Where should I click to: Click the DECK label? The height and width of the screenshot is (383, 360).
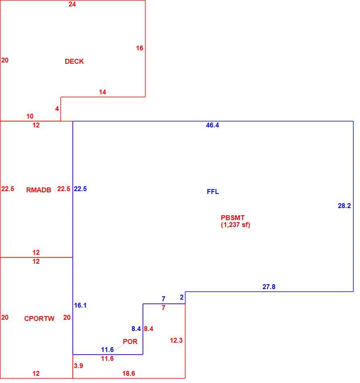74,61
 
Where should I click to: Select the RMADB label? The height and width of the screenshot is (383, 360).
39,190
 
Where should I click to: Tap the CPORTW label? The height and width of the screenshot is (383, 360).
39,318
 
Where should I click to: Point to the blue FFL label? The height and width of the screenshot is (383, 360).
213,192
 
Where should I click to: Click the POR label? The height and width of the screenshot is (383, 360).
130,341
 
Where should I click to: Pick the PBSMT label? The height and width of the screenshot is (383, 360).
233,218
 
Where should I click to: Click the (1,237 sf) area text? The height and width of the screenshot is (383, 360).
235,225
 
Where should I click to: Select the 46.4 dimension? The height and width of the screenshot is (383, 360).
212,125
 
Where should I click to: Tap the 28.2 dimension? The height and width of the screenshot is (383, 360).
344,206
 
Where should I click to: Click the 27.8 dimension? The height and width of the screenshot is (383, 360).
269,287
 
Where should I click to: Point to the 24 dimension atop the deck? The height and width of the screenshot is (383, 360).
72,4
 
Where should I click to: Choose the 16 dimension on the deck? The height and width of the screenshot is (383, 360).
139,48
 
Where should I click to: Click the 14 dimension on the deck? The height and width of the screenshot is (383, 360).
102,92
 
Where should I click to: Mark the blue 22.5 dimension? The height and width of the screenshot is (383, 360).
80,189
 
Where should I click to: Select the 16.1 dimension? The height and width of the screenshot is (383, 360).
80,305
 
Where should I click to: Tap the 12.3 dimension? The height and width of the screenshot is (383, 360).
176,340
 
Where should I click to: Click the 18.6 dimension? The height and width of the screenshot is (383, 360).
129,373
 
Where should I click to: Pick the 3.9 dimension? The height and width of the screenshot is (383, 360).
78,366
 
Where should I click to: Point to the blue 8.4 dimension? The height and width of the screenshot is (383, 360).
136,329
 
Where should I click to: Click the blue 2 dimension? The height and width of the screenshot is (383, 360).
182,297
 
